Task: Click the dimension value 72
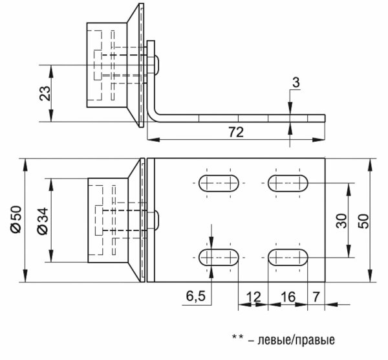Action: coord(235,132)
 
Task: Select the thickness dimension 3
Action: coord(295,82)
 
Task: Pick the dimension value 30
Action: coord(342,220)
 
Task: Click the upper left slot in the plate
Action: coord(218,183)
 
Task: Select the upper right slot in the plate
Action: coord(288,183)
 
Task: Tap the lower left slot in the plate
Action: coord(218,256)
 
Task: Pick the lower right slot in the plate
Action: coord(288,256)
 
